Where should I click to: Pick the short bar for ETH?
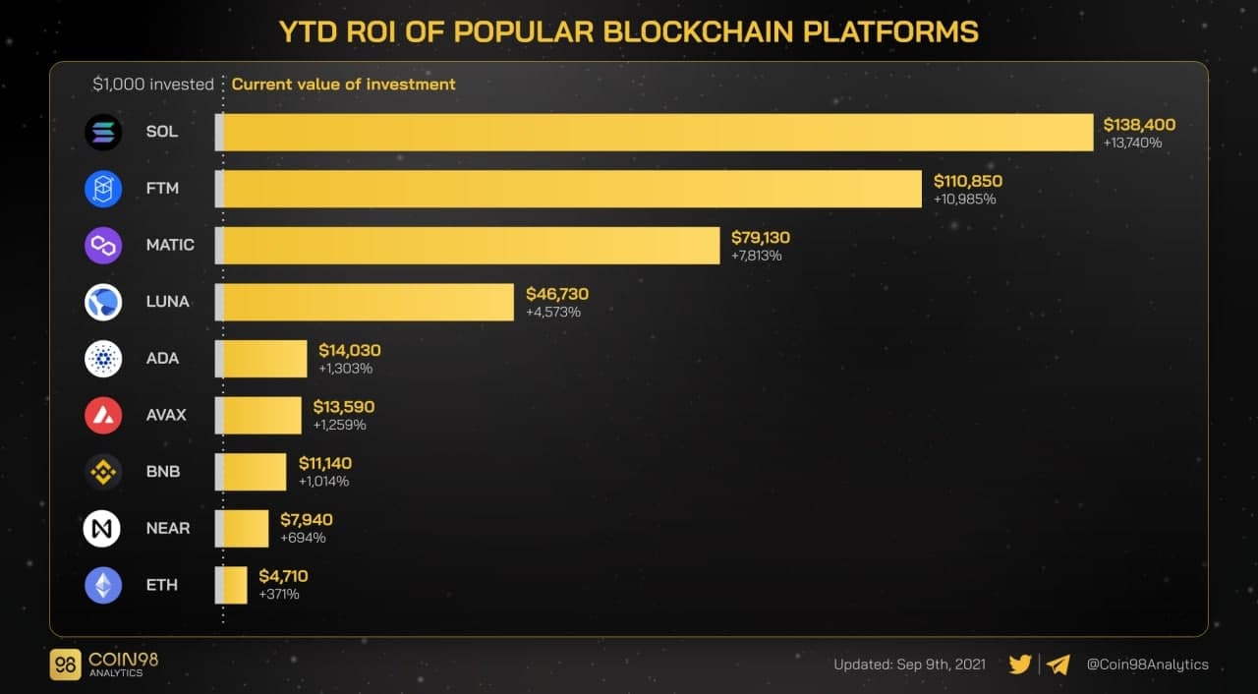coord(233,585)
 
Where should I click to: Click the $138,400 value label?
coord(1139,125)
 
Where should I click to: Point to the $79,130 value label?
coord(760,238)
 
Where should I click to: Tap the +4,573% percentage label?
coord(553,312)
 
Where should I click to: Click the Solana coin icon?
coord(103,132)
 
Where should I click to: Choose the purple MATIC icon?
coord(103,245)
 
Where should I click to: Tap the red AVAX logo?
coord(103,415)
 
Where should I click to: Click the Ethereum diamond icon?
coord(103,585)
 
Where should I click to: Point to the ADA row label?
coord(162,358)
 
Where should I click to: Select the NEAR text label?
coord(168,528)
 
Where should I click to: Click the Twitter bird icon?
coord(1020,665)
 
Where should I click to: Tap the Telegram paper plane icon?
coord(1058,665)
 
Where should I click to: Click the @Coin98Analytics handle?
coord(1147,665)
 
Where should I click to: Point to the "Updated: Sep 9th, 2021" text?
coord(909,665)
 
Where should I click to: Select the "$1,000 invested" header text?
coord(153,85)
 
